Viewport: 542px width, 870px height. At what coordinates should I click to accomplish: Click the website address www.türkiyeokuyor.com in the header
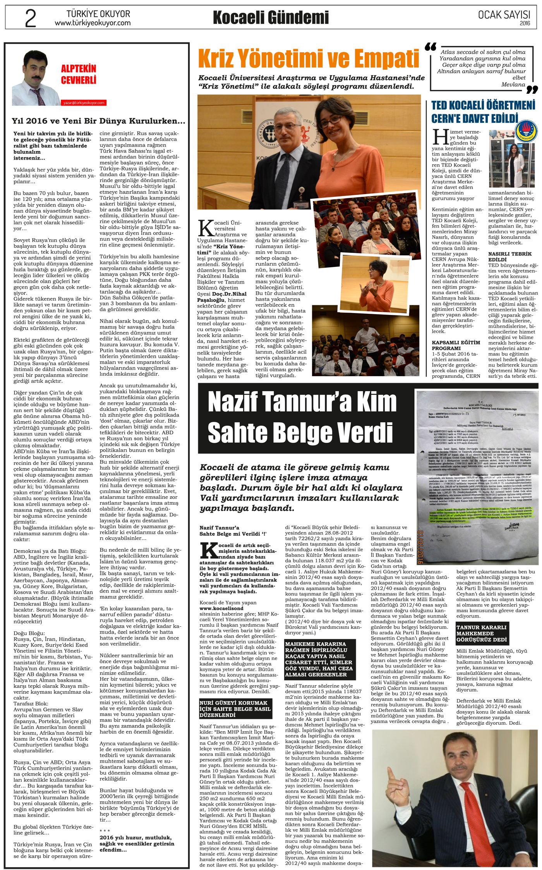pyautogui.click(x=93, y=23)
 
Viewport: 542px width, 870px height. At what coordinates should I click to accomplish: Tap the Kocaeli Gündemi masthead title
pyautogui.click(x=271, y=18)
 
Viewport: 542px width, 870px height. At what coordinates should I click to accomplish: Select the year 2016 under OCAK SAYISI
pyautogui.click(x=525, y=24)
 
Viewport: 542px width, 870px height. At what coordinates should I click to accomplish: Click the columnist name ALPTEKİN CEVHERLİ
pyautogui.click(x=79, y=74)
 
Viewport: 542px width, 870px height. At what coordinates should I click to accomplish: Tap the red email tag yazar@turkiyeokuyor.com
pyautogui.click(x=83, y=103)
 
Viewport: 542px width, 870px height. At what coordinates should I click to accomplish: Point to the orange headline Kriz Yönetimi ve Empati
pyautogui.click(x=309, y=59)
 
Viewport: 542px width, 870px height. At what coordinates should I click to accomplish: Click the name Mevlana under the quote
pyautogui.click(x=513, y=84)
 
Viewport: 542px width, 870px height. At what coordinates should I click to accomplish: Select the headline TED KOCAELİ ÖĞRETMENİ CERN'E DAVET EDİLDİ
pyautogui.click(x=483, y=112)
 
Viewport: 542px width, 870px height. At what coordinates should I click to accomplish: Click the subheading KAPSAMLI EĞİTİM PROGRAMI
pyautogui.click(x=456, y=345)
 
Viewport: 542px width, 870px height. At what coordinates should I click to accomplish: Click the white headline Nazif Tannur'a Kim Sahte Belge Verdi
pyautogui.click(x=302, y=417)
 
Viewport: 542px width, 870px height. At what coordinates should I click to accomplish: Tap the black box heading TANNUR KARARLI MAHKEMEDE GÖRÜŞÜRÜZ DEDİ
pyautogui.click(x=481, y=634)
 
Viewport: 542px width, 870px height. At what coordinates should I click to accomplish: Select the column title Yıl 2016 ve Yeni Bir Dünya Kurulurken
pyautogui.click(x=98, y=121)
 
